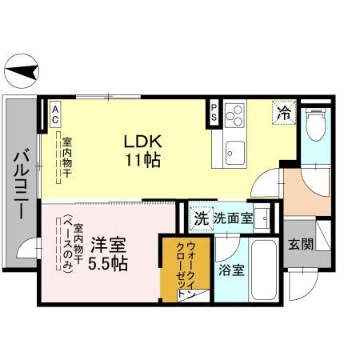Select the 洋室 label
[106, 244]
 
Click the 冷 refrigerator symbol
[283, 112]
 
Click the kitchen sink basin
[235, 149]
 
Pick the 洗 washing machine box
[201, 218]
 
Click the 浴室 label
[231, 270]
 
